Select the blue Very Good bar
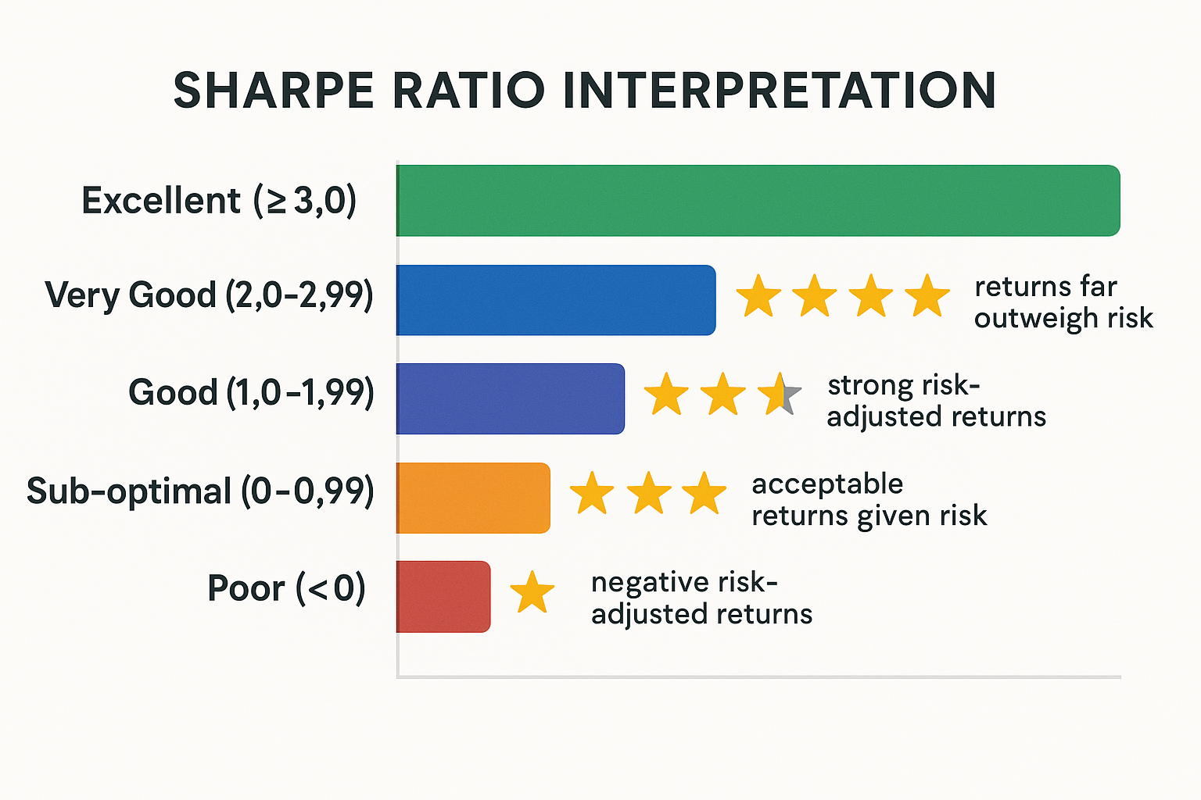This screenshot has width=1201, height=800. point(555,300)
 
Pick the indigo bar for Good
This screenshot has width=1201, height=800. point(510,398)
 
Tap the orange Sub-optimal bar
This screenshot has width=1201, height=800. point(472,498)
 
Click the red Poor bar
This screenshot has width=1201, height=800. point(443,596)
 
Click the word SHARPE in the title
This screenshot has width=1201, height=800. point(274,91)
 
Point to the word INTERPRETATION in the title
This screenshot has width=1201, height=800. point(779,91)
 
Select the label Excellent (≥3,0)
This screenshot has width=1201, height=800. point(219,201)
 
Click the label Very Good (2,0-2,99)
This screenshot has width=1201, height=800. point(209,295)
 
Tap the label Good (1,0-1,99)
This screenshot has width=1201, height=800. point(251,392)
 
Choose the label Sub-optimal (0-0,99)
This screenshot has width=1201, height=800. point(200,491)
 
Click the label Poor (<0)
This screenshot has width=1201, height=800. point(286,588)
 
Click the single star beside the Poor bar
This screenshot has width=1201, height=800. point(532,592)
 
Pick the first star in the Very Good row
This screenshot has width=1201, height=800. point(758,296)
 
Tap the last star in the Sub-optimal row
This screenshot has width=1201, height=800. point(704,494)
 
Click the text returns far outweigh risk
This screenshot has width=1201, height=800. point(1063,302)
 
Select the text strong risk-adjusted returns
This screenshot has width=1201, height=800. point(936,401)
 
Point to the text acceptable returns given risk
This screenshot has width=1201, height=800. point(869,500)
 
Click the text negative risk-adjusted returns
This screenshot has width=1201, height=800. point(701,598)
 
